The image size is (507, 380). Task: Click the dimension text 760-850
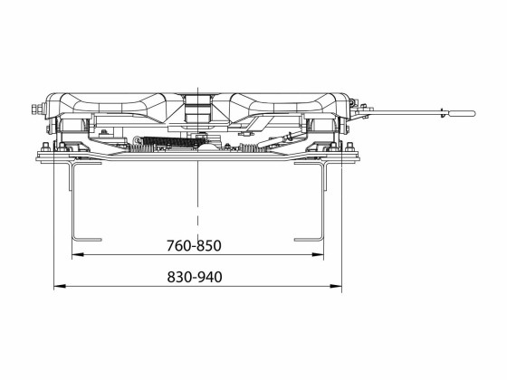[195, 245]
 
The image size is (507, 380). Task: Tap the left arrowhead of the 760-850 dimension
[74, 256]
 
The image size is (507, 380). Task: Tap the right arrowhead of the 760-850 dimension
[320, 256]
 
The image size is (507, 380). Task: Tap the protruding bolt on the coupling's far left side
[35, 111]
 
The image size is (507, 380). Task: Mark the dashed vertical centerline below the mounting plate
[196, 199]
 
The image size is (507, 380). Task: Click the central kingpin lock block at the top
[196, 104]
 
